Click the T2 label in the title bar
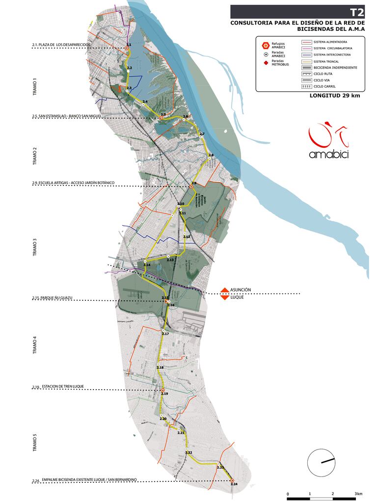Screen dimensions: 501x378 357,12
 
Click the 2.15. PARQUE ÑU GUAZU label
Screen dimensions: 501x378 52,298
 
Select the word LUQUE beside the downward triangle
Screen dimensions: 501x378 238,298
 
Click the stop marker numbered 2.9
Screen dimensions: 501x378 191,187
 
